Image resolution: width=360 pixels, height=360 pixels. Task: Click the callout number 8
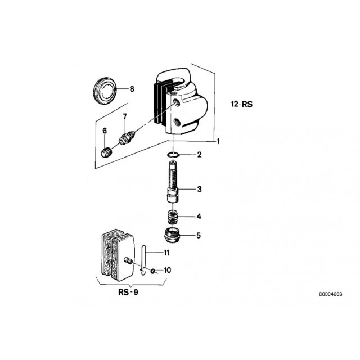coord(132,89)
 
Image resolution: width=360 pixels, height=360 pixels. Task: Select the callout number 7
coord(125,116)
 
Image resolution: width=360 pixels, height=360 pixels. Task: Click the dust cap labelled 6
coord(106,152)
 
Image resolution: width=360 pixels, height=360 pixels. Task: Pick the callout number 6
coord(105,130)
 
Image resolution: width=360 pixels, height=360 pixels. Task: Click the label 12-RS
coord(242,104)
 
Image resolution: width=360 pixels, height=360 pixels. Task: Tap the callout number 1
coord(218,141)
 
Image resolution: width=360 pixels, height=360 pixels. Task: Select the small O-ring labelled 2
coord(173,155)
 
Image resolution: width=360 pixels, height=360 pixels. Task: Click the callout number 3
coord(199,189)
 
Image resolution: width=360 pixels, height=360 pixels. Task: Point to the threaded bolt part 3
coord(173,182)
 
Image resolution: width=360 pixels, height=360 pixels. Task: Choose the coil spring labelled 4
coord(173,217)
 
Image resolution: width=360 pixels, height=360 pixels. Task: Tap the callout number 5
coord(199,235)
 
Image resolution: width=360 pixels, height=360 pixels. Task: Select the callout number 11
coord(166,253)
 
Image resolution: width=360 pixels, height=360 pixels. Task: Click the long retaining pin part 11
coord(143,259)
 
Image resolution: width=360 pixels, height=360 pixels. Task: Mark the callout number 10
coord(168,270)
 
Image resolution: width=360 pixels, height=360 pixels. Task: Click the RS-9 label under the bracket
coord(128,292)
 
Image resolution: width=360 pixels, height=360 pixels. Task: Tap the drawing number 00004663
coord(330,294)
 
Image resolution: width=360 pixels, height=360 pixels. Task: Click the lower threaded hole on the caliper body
coord(177,121)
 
